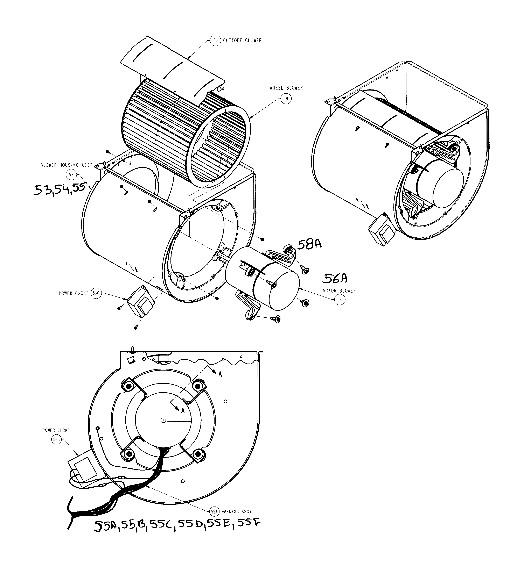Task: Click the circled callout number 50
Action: [x=215, y=41]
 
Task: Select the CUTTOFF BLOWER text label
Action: [x=242, y=41]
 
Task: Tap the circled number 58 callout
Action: [x=286, y=99]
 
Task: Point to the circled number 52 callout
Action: [x=71, y=174]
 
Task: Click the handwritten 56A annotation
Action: [x=335, y=278]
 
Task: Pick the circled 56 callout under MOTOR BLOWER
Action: [x=339, y=300]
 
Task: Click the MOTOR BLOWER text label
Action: [x=339, y=291]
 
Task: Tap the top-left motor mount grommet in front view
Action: [x=128, y=386]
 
